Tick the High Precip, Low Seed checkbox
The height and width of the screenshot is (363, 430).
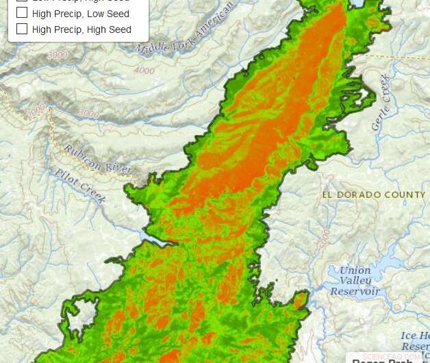click(22, 13)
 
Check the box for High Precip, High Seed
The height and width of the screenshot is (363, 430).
click(22, 29)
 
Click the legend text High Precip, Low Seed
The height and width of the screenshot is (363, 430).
click(80, 14)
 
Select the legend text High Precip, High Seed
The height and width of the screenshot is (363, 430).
click(81, 29)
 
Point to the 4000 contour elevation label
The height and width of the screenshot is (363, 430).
click(144, 70)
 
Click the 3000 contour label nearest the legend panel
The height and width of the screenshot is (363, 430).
click(58, 54)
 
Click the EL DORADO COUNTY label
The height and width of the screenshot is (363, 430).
click(374, 195)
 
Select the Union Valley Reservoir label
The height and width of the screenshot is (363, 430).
click(355, 280)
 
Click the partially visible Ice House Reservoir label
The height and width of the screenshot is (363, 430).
click(415, 340)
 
